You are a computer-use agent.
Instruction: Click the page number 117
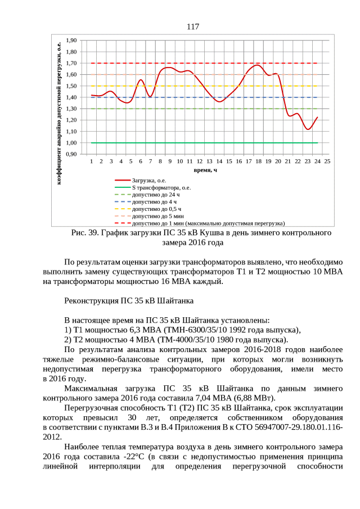[192, 26]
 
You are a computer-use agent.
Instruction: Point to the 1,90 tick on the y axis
[71, 40]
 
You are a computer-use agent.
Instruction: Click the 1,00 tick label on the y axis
[71, 143]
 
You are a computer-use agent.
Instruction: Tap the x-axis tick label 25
[327, 161]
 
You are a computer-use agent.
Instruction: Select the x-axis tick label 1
[91, 161]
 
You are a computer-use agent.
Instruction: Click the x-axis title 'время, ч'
[206, 169]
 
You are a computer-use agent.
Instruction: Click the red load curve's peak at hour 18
[258, 65]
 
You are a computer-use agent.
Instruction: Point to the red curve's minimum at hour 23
[308, 129]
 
